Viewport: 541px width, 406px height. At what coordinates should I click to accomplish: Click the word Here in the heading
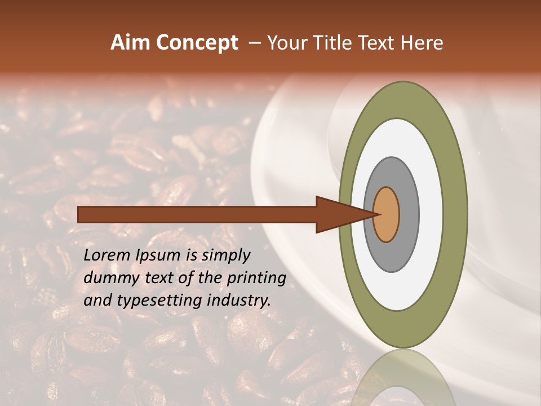(422, 43)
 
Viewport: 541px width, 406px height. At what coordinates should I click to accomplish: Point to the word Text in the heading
(378, 43)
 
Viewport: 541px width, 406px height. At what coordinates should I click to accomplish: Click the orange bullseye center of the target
(387, 214)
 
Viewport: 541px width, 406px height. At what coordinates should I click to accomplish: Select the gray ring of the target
(409, 214)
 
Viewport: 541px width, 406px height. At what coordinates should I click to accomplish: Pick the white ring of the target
(431, 214)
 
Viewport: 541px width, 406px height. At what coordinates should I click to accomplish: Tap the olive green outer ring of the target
(455, 214)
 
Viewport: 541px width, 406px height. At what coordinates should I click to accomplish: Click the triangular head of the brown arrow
(338, 214)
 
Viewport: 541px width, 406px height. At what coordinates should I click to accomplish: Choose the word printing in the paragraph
(256, 279)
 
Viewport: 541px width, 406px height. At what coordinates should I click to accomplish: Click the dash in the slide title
(254, 43)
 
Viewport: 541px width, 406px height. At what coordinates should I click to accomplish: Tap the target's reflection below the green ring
(403, 378)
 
